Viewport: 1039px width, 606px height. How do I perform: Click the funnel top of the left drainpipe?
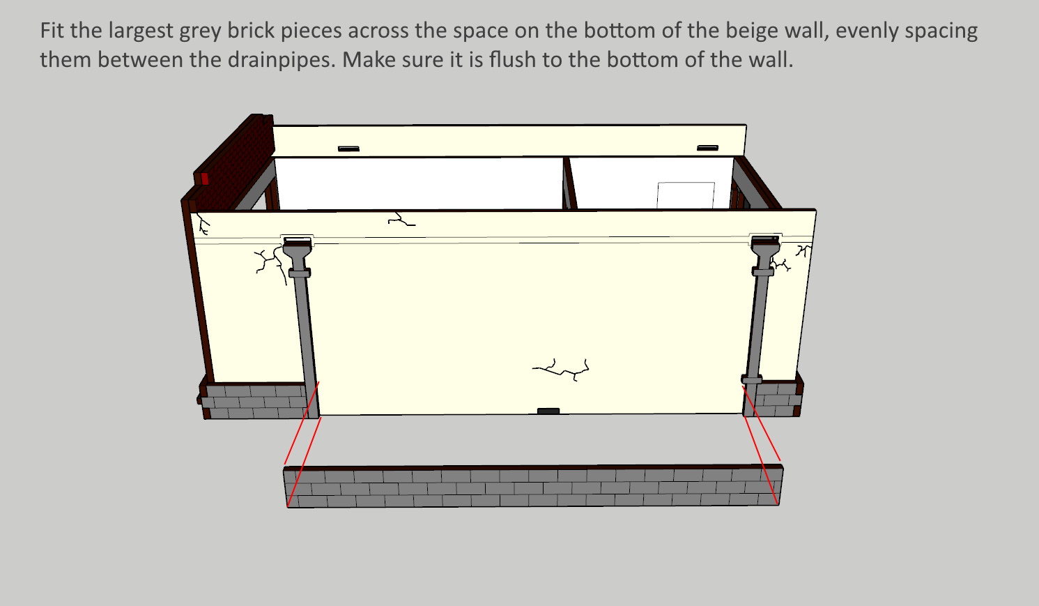[x=297, y=250]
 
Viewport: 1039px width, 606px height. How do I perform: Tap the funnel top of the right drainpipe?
[x=765, y=250]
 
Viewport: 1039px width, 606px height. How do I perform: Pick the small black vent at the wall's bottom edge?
[x=548, y=411]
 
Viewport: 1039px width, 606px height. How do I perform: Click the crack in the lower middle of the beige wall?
[x=561, y=370]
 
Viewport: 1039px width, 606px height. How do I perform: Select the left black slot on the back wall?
[x=348, y=149]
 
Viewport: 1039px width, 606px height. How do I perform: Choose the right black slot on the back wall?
[x=707, y=148]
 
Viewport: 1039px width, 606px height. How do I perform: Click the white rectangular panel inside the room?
[x=686, y=195]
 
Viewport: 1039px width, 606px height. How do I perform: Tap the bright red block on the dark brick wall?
[x=205, y=179]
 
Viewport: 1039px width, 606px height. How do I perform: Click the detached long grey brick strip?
[x=533, y=486]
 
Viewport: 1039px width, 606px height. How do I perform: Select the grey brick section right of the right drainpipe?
[x=778, y=399]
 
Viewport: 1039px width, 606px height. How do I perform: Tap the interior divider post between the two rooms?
[x=569, y=183]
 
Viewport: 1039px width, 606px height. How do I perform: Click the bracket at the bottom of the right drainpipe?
[x=751, y=380]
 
